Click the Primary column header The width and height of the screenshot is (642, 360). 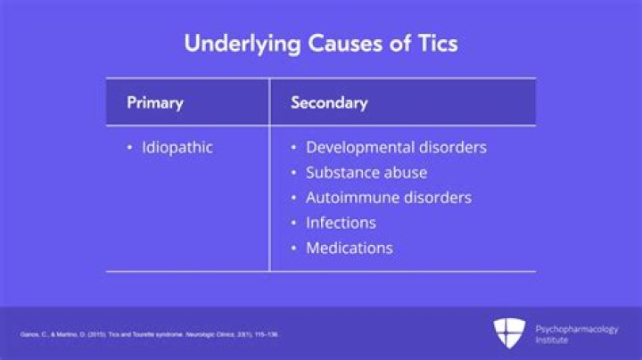coord(154,102)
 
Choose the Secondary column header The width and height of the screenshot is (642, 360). coord(329,102)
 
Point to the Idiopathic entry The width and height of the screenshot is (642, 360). coord(177,148)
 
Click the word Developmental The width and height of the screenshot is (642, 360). coord(360,148)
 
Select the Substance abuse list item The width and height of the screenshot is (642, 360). coord(366,173)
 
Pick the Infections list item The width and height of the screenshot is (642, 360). coord(341,223)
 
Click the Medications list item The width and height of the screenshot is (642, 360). coord(349,248)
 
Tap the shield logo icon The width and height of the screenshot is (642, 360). coord(509,333)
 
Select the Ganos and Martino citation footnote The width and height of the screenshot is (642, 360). coord(149,334)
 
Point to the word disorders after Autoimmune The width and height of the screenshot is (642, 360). coord(437,198)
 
